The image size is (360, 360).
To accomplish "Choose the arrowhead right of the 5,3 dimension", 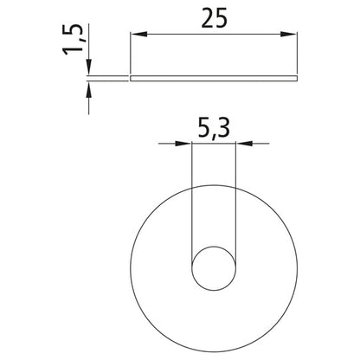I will (x=242, y=142).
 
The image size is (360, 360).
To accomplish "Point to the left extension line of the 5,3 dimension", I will (x=190, y=199).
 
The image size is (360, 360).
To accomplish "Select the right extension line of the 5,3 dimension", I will (x=235, y=199).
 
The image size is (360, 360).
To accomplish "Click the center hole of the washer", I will (x=212, y=268).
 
